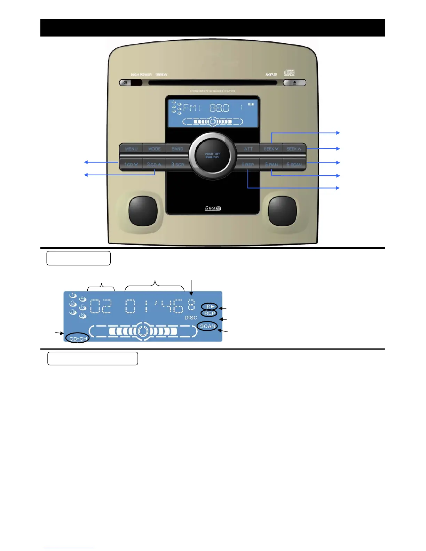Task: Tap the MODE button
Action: (155, 149)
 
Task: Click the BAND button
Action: (177, 149)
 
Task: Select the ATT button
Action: (248, 149)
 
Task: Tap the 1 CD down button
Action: (131, 164)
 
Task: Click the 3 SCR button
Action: (177, 164)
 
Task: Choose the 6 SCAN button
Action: (294, 164)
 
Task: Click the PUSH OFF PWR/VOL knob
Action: (213, 155)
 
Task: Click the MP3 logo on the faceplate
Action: (271, 75)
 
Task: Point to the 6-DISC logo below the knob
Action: (213, 208)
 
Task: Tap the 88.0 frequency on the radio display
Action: (219, 108)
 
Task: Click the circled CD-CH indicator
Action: (78, 338)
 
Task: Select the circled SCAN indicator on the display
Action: (208, 326)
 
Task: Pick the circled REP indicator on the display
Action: (209, 313)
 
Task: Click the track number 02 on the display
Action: (101, 306)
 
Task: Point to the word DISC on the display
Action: (191, 318)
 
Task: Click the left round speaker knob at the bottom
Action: (143, 210)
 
